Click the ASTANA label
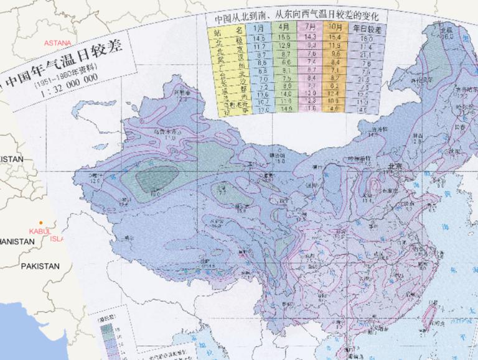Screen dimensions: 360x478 pyautogui.click(x=57, y=43)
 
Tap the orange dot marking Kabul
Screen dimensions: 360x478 pyautogui.click(x=41, y=223)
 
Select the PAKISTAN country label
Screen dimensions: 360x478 pyautogui.click(x=40, y=266)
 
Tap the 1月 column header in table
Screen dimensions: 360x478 pyautogui.click(x=260, y=28)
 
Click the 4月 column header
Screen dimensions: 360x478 pyautogui.click(x=285, y=28)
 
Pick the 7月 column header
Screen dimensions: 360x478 pyautogui.click(x=311, y=28)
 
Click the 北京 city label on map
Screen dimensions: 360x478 pyautogui.click(x=396, y=166)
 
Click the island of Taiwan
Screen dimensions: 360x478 pyautogui.click(x=429, y=315)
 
